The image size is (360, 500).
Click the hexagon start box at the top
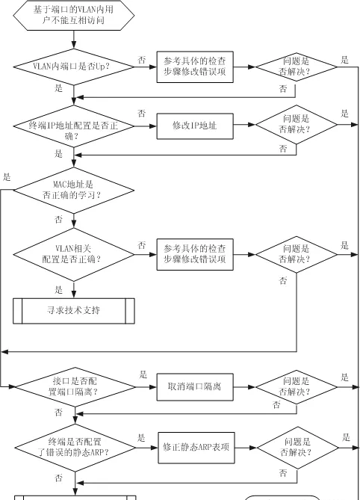point(74,15)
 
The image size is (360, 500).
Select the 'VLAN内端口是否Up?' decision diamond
point(74,67)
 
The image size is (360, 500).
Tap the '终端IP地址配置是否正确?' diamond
point(74,126)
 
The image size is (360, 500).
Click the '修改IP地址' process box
point(195,126)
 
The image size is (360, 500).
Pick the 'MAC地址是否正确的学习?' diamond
point(74,191)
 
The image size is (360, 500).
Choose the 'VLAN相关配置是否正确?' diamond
point(74,254)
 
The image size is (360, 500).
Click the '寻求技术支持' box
point(74,311)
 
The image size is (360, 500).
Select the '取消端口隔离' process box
point(195,387)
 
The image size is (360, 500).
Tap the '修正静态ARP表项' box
point(196,448)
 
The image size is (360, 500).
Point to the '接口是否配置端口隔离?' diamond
point(75,387)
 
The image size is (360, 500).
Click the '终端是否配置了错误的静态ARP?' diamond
point(75,448)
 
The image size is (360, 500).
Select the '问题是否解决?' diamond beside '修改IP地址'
point(297,125)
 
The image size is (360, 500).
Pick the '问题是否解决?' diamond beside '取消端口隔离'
point(297,387)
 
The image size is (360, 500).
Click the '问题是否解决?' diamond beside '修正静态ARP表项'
point(297,448)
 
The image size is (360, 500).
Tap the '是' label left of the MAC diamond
point(7,177)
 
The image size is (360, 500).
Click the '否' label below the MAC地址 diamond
point(58,220)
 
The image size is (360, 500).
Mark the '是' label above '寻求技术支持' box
point(58,290)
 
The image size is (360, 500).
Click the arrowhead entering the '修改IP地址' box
point(153,126)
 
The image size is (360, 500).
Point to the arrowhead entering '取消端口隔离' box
point(153,387)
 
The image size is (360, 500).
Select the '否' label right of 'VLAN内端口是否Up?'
point(142,60)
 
